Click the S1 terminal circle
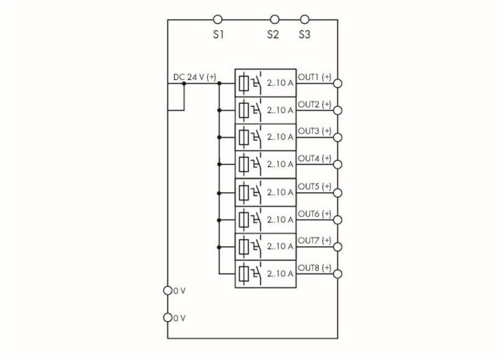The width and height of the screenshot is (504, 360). pyautogui.click(x=219, y=20)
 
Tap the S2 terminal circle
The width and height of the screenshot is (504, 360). pyautogui.click(x=274, y=20)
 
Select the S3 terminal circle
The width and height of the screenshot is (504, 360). pyautogui.click(x=305, y=20)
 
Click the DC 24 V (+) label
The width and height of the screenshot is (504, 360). pyautogui.click(x=194, y=77)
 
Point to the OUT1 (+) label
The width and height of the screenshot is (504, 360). pyautogui.click(x=315, y=77)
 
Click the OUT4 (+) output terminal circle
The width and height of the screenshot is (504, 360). pyautogui.click(x=338, y=165)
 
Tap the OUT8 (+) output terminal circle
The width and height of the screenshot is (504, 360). pyautogui.click(x=338, y=274)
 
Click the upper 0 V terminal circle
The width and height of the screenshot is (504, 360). pyautogui.click(x=168, y=290)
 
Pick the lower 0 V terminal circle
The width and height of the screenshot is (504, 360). pyautogui.click(x=168, y=317)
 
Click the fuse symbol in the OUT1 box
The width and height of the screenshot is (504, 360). pyautogui.click(x=244, y=83)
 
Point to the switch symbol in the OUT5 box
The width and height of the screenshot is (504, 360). pyautogui.click(x=256, y=192)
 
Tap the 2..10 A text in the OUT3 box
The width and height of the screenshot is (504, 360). pyautogui.click(x=280, y=137)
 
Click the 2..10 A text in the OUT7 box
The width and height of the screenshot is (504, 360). pyautogui.click(x=280, y=246)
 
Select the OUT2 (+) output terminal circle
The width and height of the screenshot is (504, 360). pyautogui.click(x=338, y=110)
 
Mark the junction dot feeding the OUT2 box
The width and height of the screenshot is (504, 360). pyautogui.click(x=220, y=110)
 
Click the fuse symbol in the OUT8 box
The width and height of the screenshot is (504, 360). pyautogui.click(x=244, y=273)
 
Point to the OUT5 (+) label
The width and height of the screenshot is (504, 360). pyautogui.click(x=315, y=186)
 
